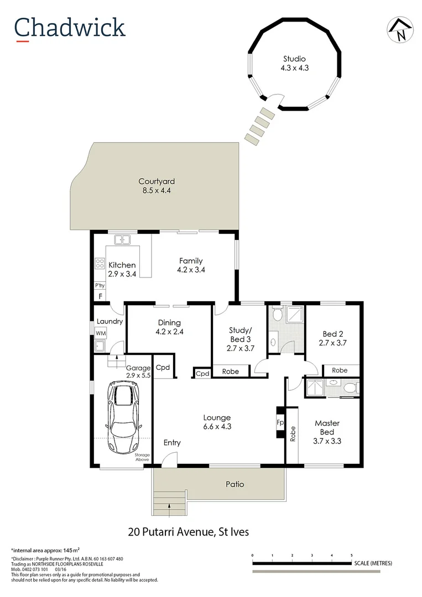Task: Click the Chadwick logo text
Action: click(70, 28)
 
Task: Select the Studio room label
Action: click(294, 64)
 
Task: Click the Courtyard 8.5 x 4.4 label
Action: click(157, 186)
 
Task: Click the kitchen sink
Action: click(122, 240)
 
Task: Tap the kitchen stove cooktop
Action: click(100, 263)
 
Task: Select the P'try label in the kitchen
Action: click(100, 286)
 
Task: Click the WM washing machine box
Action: click(101, 333)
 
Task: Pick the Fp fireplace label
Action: click(280, 422)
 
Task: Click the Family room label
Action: click(190, 265)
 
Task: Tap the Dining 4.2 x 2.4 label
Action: click(169, 327)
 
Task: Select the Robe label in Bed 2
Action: click(340, 370)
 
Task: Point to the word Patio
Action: click(235, 484)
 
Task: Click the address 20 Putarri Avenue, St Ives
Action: click(188, 532)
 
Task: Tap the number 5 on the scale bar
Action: click(352, 555)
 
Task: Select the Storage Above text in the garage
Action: click(142, 457)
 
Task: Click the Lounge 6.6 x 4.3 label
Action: click(217, 422)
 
